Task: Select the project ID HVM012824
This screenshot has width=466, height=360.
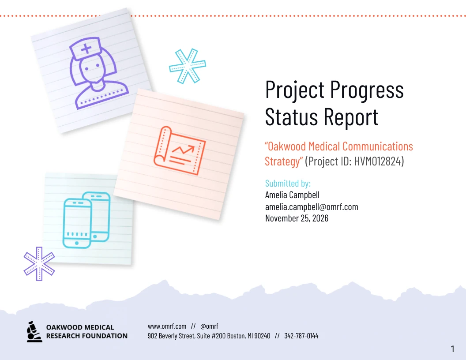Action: (379, 161)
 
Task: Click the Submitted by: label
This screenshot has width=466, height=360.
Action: (288, 184)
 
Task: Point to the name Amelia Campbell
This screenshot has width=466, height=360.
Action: (292, 195)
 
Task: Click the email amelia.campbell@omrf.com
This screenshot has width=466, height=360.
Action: (312, 206)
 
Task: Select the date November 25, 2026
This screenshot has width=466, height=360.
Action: (297, 218)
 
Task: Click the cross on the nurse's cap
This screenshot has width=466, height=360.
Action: (86, 48)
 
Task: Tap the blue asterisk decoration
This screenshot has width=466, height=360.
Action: (187, 67)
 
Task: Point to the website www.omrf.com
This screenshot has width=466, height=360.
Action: (167, 326)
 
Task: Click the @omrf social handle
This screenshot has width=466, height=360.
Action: (209, 326)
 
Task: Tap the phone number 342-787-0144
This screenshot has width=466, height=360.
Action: (301, 336)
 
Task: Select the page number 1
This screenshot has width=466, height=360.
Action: (452, 349)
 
